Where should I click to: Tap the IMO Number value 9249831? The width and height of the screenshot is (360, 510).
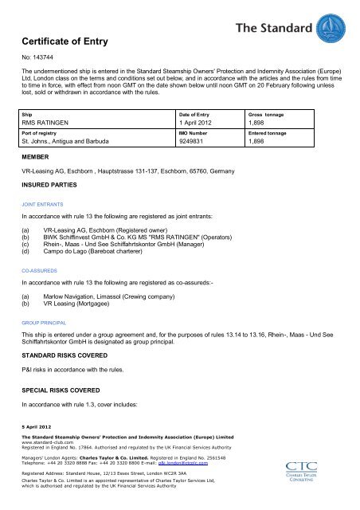coord(198,143)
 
